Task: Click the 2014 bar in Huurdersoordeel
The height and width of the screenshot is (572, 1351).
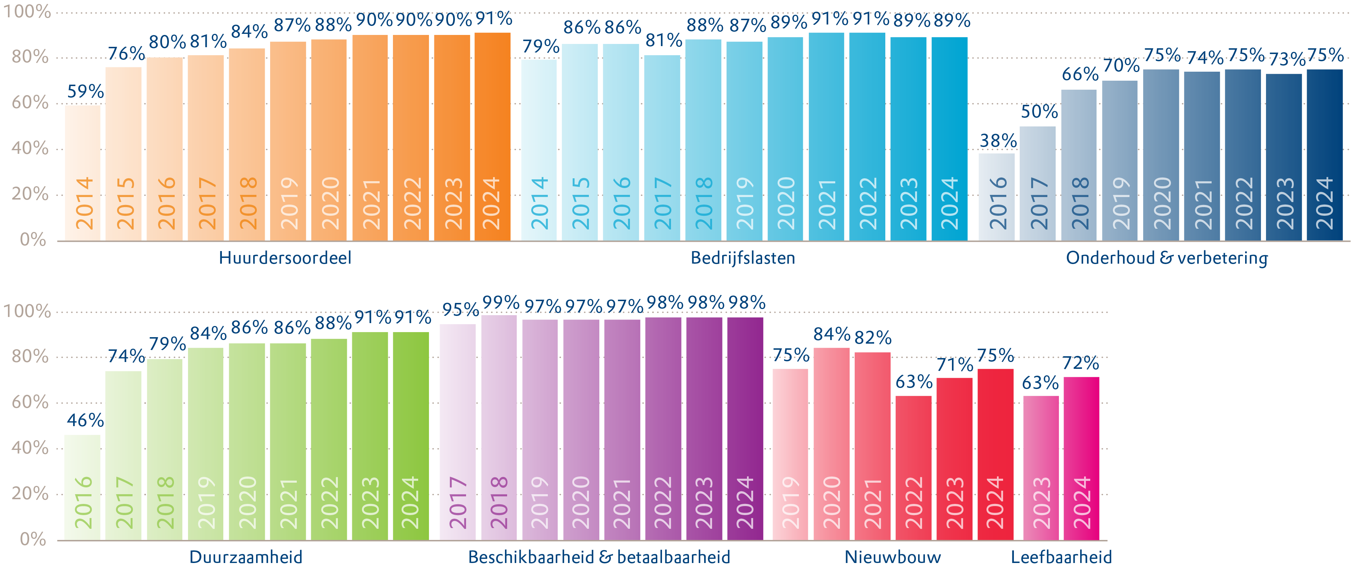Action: (83, 173)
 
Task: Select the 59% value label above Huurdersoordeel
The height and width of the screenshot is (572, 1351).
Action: (85, 92)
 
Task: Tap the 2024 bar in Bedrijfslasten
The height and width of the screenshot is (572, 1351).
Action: (949, 139)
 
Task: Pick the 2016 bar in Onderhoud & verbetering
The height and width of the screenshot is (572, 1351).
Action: (997, 197)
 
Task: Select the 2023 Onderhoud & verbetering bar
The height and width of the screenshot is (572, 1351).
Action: (1284, 157)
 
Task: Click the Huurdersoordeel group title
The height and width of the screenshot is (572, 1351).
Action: (285, 258)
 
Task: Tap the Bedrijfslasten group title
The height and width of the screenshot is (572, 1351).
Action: (743, 258)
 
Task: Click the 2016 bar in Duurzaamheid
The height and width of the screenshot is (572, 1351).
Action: (82, 488)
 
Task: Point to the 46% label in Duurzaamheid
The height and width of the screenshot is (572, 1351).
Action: (85, 420)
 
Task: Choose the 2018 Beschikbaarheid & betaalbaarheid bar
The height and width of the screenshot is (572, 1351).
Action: (499, 427)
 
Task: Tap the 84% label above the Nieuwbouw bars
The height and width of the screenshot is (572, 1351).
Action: (832, 334)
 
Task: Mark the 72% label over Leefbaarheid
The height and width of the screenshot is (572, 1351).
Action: (1081, 363)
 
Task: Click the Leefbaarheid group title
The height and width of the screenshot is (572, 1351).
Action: (1061, 557)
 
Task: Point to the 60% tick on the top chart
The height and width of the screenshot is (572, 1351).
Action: (30, 102)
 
